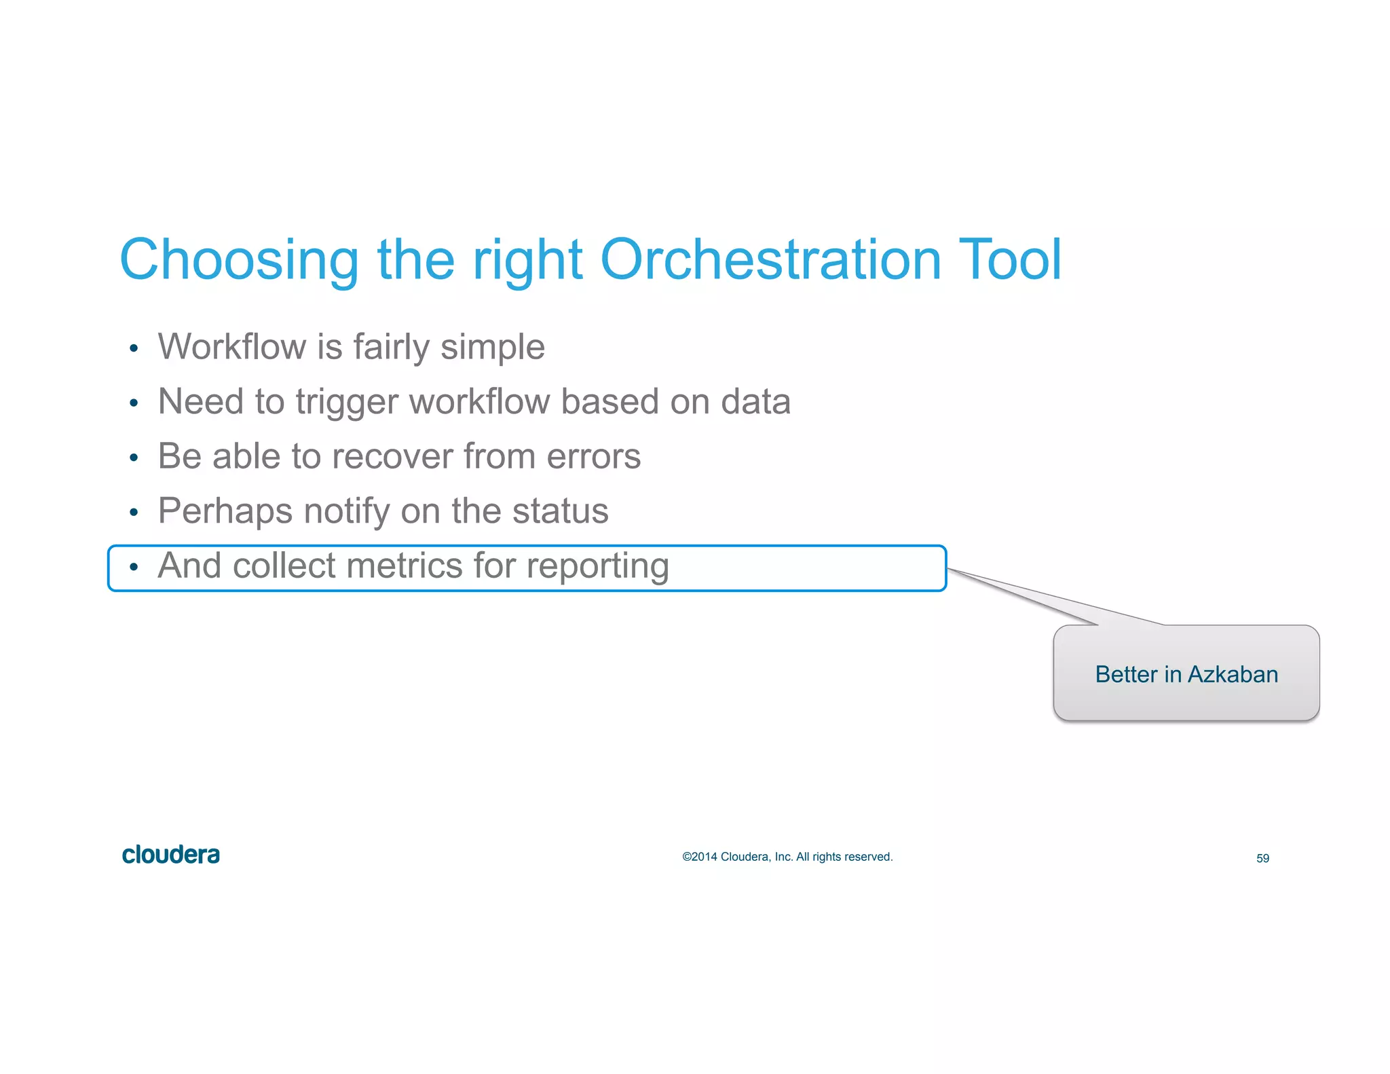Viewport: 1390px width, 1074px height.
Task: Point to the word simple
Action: [492, 348]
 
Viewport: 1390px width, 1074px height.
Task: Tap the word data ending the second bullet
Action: [755, 401]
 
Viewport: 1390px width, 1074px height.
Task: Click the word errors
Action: [593, 456]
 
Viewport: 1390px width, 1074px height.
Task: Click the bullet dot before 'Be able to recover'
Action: [134, 458]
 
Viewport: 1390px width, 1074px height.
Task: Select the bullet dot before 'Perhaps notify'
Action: [134, 513]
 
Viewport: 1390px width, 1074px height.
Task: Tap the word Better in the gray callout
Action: [1126, 675]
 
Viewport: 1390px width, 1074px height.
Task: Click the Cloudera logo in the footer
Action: [170, 855]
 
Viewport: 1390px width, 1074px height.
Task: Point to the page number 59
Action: [1262, 859]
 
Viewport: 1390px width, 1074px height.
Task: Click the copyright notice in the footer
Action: [787, 857]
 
